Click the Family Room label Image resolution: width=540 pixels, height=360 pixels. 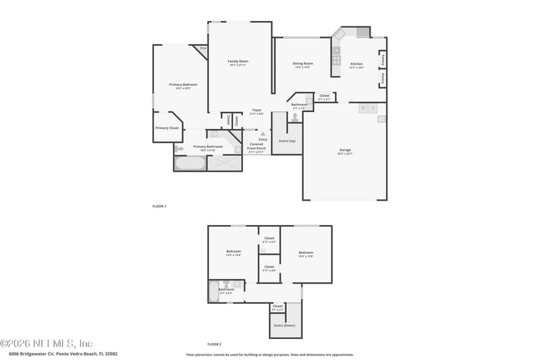click(238, 61)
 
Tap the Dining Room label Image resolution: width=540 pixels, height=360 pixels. click(302, 63)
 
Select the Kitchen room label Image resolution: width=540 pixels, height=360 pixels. click(356, 63)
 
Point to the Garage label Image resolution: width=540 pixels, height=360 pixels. click(344, 150)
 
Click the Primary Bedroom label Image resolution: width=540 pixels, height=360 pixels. click(183, 84)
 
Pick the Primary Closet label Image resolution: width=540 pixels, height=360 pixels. click(167, 128)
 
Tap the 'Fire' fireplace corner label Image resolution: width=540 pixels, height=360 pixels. click(202, 48)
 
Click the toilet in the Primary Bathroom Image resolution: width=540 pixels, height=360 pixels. click(179, 149)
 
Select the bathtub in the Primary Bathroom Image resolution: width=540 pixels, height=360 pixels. click(189, 163)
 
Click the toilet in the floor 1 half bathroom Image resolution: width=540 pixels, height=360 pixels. click(295, 117)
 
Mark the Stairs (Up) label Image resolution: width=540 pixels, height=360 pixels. click(287, 140)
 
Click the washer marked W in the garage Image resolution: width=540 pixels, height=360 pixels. click(362, 108)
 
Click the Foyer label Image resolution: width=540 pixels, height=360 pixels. click(256, 110)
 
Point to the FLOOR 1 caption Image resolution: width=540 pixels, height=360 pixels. click(159, 206)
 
